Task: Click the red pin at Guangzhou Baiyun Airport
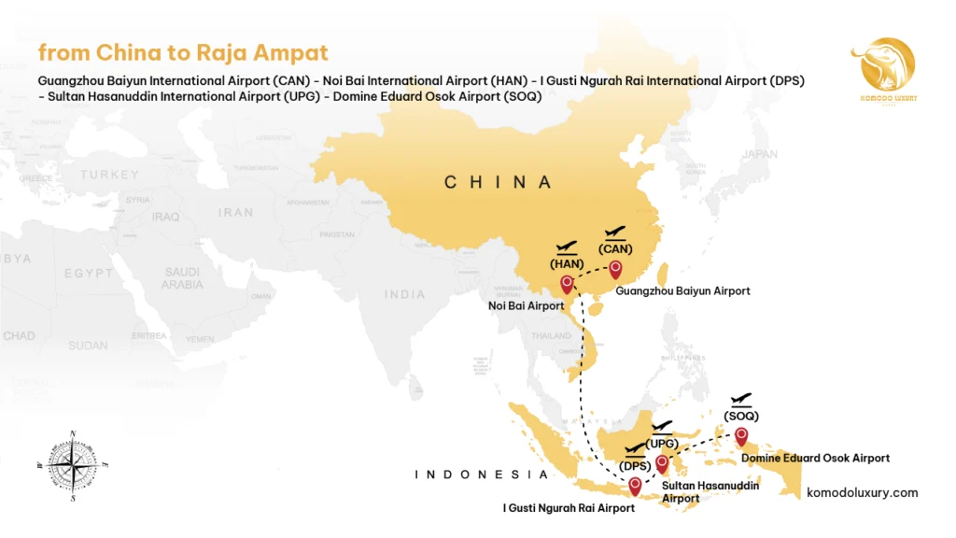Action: (x=615, y=270)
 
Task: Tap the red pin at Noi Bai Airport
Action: (x=567, y=285)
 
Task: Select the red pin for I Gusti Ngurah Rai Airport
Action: (x=635, y=486)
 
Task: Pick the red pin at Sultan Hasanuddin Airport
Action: (x=662, y=463)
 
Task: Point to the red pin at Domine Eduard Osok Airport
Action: (x=741, y=436)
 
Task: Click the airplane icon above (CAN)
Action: (x=615, y=233)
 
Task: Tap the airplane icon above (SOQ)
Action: (x=742, y=400)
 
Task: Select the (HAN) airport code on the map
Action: (x=567, y=263)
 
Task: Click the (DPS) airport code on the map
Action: (x=635, y=466)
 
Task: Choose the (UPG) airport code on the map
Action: (x=661, y=443)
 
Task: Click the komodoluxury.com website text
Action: (x=862, y=492)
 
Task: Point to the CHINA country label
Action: (x=498, y=182)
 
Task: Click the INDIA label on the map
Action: (x=406, y=294)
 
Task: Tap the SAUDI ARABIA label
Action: (x=182, y=277)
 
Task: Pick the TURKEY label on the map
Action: (x=109, y=175)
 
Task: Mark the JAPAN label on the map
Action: (x=759, y=154)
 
